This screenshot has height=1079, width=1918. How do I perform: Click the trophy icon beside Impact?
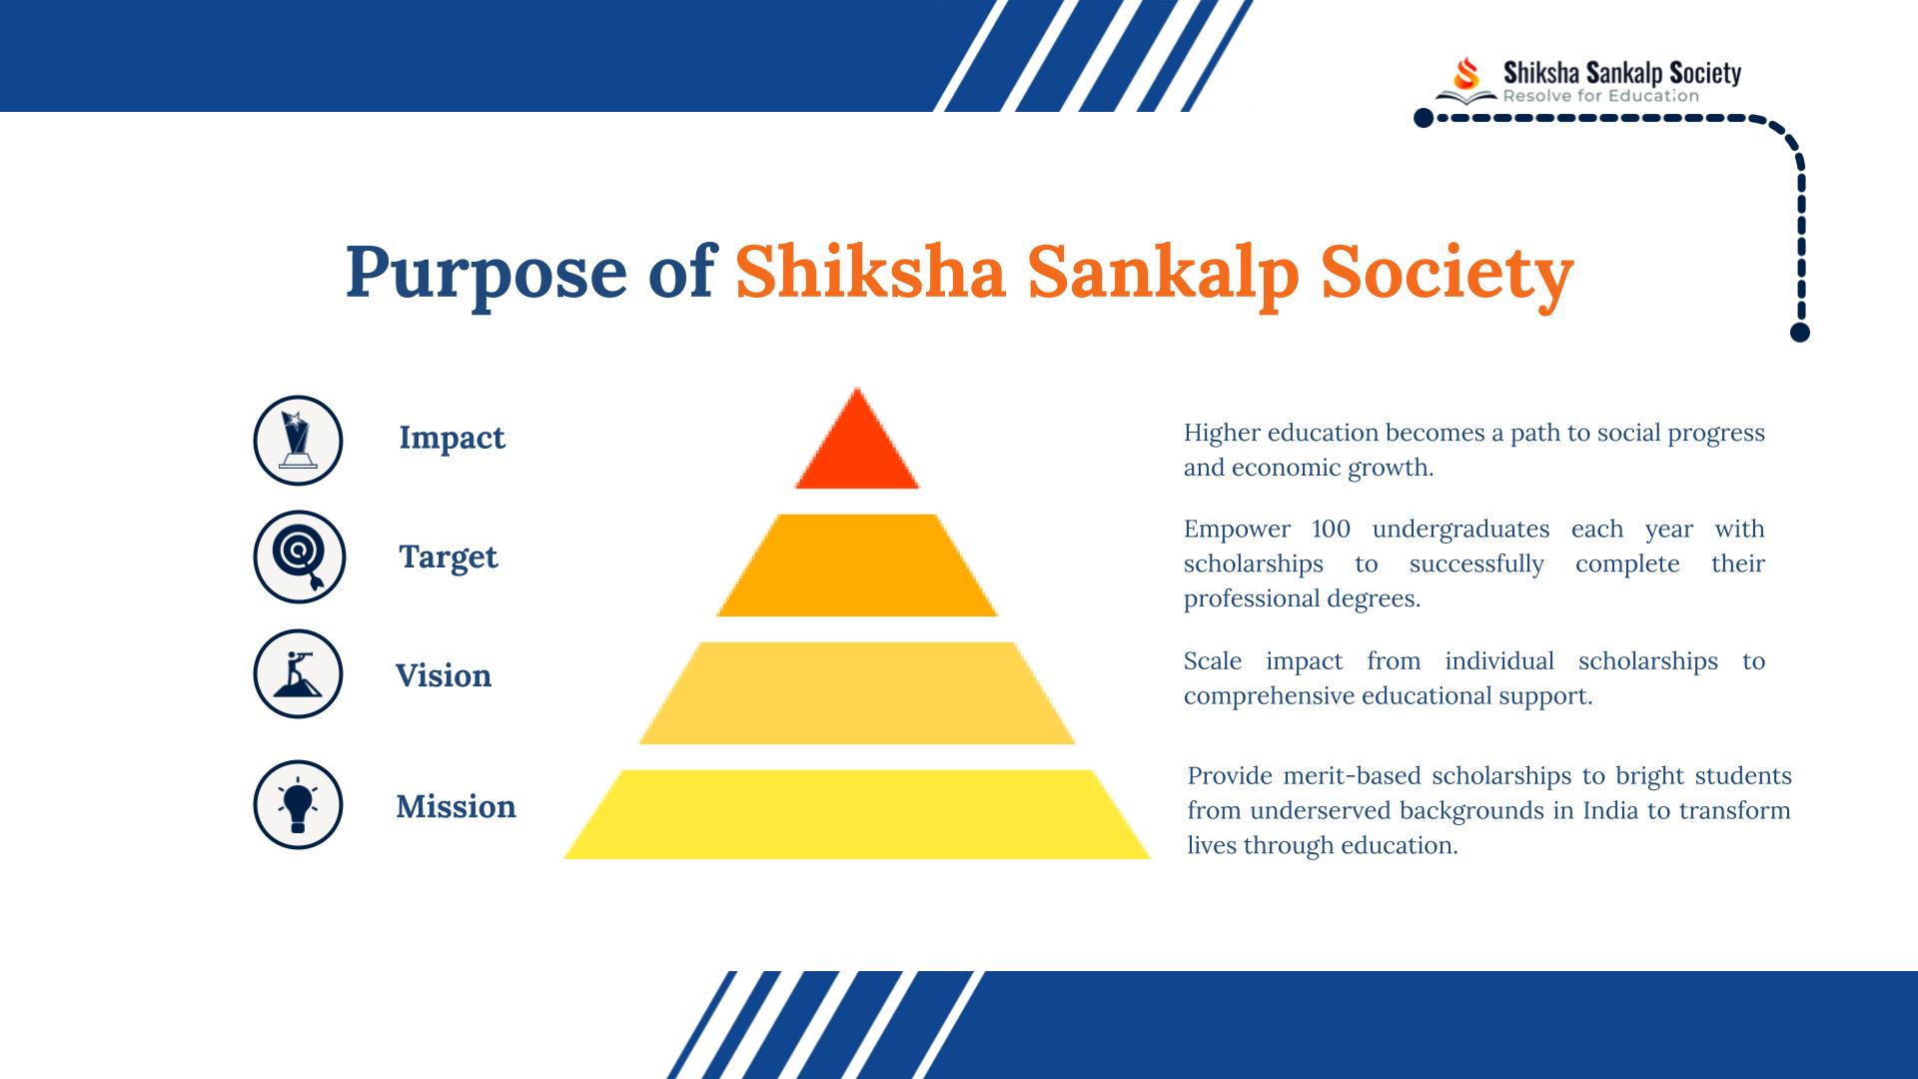[298, 441]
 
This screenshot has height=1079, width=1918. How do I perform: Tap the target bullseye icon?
[299, 556]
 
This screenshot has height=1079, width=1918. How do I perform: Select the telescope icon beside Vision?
[298, 673]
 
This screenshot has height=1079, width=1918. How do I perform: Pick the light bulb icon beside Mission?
[298, 804]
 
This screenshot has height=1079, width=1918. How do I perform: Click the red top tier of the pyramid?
[857, 445]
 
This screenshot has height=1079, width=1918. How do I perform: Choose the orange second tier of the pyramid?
[857, 565]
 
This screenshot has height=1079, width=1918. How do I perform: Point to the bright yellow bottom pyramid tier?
[857, 814]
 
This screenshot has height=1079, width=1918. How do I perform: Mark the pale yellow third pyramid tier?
[857, 693]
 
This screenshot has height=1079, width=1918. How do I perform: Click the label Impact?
[452, 439]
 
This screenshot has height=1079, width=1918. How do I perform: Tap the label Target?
[448, 556]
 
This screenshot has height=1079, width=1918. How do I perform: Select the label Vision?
[444, 675]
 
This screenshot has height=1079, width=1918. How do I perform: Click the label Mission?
[456, 806]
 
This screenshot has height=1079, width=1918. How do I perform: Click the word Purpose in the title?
[486, 273]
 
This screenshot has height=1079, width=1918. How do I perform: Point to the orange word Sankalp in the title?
[1164, 273]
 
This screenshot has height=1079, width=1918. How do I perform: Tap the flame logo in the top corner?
[1466, 73]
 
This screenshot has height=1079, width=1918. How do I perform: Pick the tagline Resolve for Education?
[1601, 96]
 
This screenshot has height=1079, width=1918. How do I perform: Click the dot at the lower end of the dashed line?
[1800, 333]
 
